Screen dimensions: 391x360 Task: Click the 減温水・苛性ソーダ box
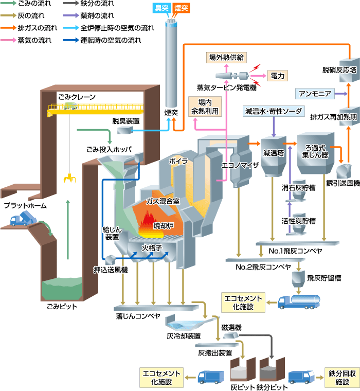tap(274, 111)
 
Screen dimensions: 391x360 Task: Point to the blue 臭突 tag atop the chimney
tap(163, 8)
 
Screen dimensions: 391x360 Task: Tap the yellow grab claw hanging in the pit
tap(68, 179)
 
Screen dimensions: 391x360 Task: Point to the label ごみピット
tap(62, 307)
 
